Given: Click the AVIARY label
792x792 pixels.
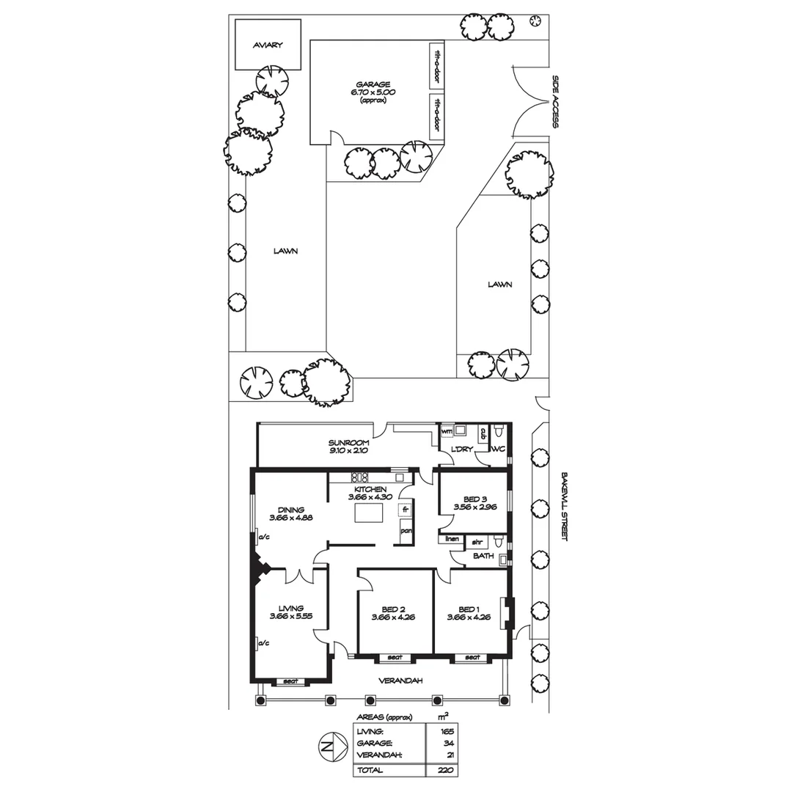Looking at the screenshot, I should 268,45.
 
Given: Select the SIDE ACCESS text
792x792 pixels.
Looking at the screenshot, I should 556,101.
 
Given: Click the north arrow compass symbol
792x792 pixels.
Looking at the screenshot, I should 331,747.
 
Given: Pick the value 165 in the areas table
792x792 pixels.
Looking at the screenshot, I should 447,731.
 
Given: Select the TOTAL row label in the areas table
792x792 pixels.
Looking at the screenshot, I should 370,770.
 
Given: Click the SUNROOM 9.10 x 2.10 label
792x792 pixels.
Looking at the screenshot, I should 348,447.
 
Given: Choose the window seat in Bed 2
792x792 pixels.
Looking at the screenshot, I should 395,657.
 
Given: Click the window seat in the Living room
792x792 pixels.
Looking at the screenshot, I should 291,681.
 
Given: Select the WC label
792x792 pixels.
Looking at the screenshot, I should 499,449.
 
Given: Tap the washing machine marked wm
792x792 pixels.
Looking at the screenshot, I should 446,432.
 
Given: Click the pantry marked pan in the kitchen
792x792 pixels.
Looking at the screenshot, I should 405,532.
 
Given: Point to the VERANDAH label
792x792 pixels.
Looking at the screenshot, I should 400,681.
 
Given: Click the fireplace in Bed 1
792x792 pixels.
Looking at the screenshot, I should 505,614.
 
